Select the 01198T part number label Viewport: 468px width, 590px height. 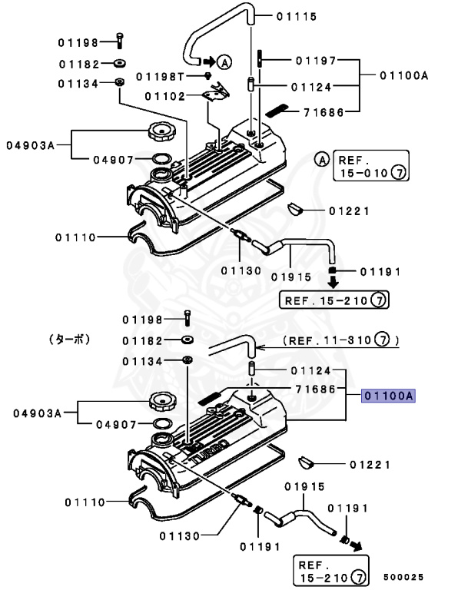161,76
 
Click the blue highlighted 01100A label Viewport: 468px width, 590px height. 389,396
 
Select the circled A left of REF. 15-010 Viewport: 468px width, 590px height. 322,160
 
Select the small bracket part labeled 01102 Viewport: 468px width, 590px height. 216,92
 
